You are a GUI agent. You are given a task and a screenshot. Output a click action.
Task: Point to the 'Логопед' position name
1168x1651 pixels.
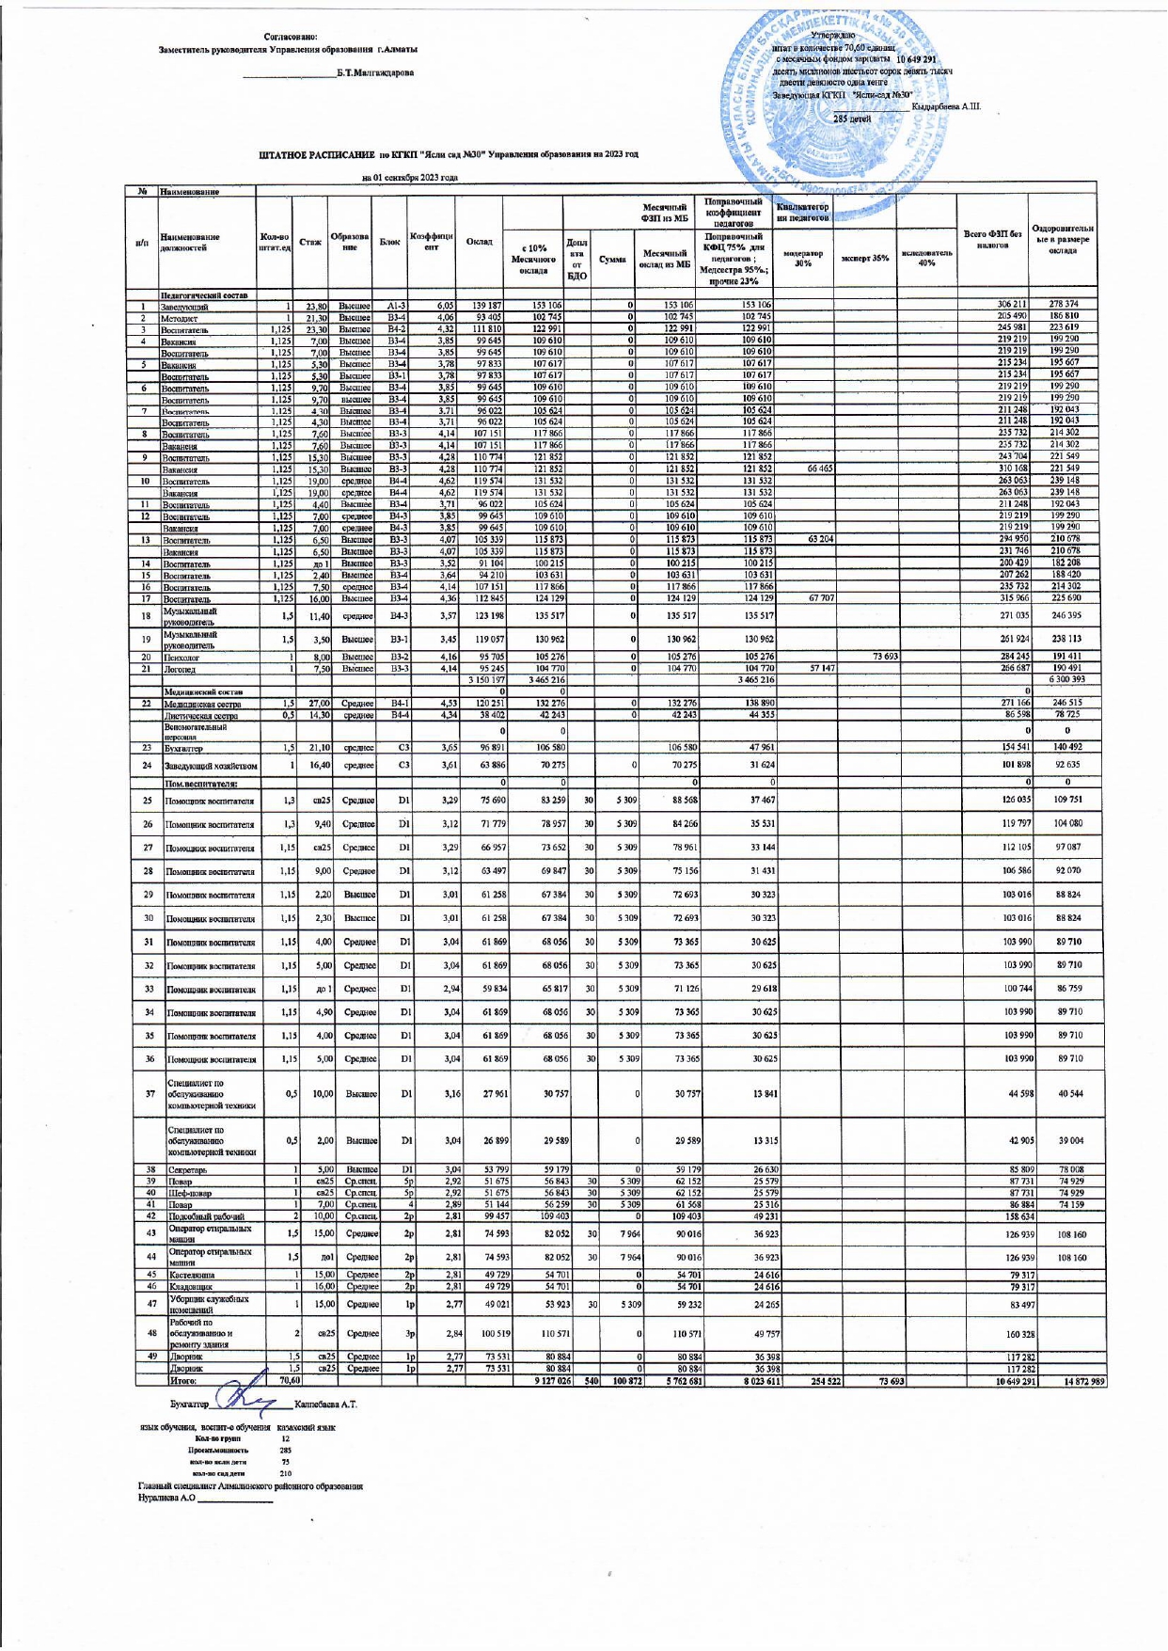click(180, 669)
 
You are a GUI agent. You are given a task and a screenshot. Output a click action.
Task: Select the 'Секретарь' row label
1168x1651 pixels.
click(186, 1169)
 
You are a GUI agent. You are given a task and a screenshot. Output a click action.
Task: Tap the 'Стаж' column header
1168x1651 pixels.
click(309, 242)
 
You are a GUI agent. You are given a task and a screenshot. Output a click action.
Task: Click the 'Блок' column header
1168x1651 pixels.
click(389, 242)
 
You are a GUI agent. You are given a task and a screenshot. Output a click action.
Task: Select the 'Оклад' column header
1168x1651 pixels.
click(479, 242)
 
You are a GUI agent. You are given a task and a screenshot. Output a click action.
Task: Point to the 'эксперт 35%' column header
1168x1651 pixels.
click(864, 257)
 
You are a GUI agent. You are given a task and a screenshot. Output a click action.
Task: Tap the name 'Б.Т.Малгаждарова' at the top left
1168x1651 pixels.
click(375, 72)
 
